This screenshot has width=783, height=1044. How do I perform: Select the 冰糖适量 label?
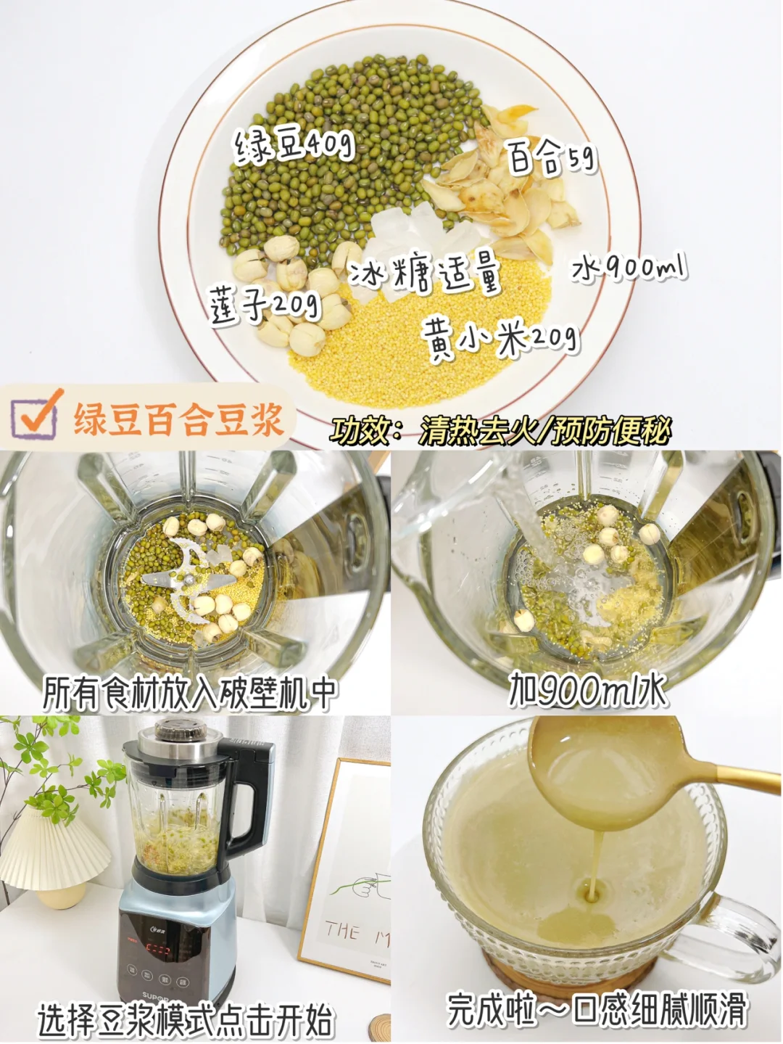click(426, 276)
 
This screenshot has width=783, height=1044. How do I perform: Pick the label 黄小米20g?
click(500, 340)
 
